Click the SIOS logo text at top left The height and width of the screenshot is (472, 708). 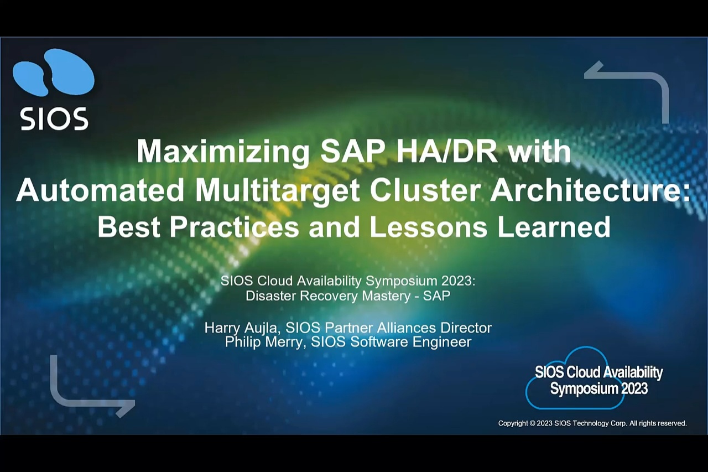[x=54, y=118]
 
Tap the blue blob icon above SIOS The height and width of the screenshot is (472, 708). [x=54, y=72]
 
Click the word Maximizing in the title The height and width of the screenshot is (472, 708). [x=223, y=152]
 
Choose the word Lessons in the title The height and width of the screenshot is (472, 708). [x=429, y=227]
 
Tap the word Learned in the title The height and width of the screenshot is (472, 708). [x=554, y=227]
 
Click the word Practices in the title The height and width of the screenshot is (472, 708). [x=234, y=227]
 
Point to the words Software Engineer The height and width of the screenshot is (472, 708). [x=411, y=343]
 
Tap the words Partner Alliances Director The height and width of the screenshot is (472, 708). [x=408, y=328]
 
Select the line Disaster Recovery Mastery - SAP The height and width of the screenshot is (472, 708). [x=348, y=296]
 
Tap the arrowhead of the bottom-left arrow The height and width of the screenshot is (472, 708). [x=127, y=408]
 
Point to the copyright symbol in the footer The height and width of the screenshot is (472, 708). [x=532, y=423]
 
